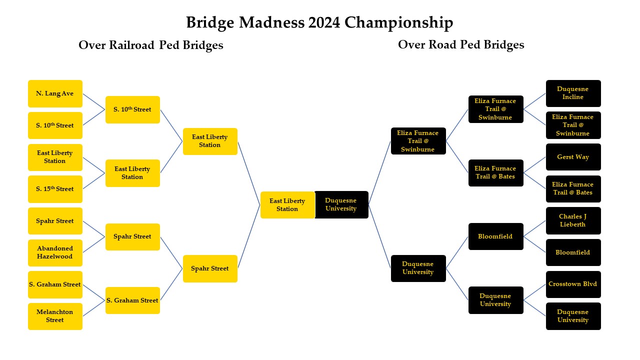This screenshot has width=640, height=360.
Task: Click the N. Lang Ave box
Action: [x=55, y=93]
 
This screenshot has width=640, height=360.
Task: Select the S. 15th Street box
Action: [x=55, y=189]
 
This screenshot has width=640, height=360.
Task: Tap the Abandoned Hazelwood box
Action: [x=55, y=252]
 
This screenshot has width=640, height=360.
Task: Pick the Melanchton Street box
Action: [x=55, y=316]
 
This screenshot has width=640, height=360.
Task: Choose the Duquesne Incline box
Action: [x=573, y=93]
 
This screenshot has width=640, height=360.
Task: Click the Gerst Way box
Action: [x=573, y=157]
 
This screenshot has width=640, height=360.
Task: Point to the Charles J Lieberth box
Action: [x=573, y=220]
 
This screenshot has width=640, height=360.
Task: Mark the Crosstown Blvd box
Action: [x=573, y=284]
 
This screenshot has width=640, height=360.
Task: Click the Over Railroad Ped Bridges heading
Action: [x=150, y=45]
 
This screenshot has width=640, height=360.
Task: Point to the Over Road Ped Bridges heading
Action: [x=461, y=45]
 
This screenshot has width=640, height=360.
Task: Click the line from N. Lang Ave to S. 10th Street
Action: [x=94, y=101]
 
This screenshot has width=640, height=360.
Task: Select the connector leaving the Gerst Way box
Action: [x=534, y=165]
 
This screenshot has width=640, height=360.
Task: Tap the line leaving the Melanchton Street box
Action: [x=94, y=308]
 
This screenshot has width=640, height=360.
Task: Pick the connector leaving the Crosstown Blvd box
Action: [x=534, y=292]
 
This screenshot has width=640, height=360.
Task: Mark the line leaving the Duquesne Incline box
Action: [x=534, y=101]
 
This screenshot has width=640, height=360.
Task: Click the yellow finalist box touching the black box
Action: [x=287, y=205]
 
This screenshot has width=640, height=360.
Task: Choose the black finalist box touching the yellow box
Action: [x=341, y=205]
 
